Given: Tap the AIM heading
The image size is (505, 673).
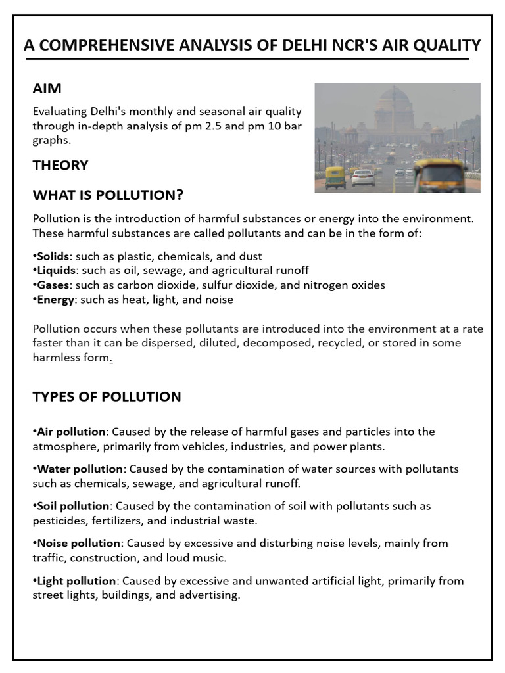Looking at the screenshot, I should tap(47, 88).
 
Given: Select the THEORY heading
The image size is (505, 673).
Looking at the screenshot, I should tap(60, 165).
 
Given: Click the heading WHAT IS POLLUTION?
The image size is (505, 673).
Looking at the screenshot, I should tap(108, 195).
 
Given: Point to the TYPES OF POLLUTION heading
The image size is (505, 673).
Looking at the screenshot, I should tap(107, 396).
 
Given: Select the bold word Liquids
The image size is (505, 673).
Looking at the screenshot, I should tap(55, 271).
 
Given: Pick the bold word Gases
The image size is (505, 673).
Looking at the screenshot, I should tap(53, 285).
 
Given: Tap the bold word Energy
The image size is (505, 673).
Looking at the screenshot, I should tap(55, 300).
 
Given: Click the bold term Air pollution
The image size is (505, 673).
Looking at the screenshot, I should tap(71, 432).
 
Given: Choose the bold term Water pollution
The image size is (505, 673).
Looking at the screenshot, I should tap(80, 469).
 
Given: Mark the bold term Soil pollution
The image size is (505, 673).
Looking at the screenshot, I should tap(73, 506).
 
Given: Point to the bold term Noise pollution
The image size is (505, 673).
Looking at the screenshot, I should tap(78, 544).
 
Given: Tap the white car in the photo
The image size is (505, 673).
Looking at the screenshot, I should tap(362, 177).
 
